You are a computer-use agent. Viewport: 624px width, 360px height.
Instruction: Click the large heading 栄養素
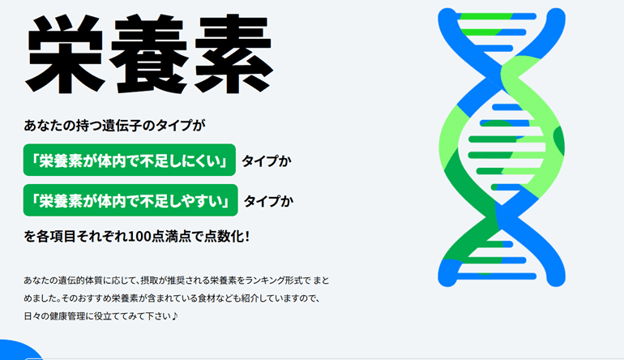[149, 54]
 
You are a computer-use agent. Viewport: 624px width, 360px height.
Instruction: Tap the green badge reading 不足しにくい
[130, 160]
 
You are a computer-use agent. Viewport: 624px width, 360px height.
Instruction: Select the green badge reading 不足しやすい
[130, 200]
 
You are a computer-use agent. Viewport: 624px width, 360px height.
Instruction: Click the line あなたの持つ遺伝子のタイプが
[114, 126]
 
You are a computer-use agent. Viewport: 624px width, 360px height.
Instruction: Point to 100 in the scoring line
[138, 237]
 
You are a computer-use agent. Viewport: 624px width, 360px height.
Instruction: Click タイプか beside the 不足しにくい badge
[267, 161]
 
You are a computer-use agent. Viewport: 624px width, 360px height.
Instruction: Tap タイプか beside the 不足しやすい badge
[268, 201]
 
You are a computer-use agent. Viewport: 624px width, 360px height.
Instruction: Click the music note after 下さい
[175, 316]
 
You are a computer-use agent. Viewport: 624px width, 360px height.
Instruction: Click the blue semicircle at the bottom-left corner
[21, 350]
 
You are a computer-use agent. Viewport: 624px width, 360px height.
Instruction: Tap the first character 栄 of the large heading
[66, 54]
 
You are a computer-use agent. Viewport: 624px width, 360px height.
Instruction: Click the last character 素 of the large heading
[233, 54]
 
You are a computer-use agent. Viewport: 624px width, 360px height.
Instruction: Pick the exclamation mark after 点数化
[247, 237]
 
